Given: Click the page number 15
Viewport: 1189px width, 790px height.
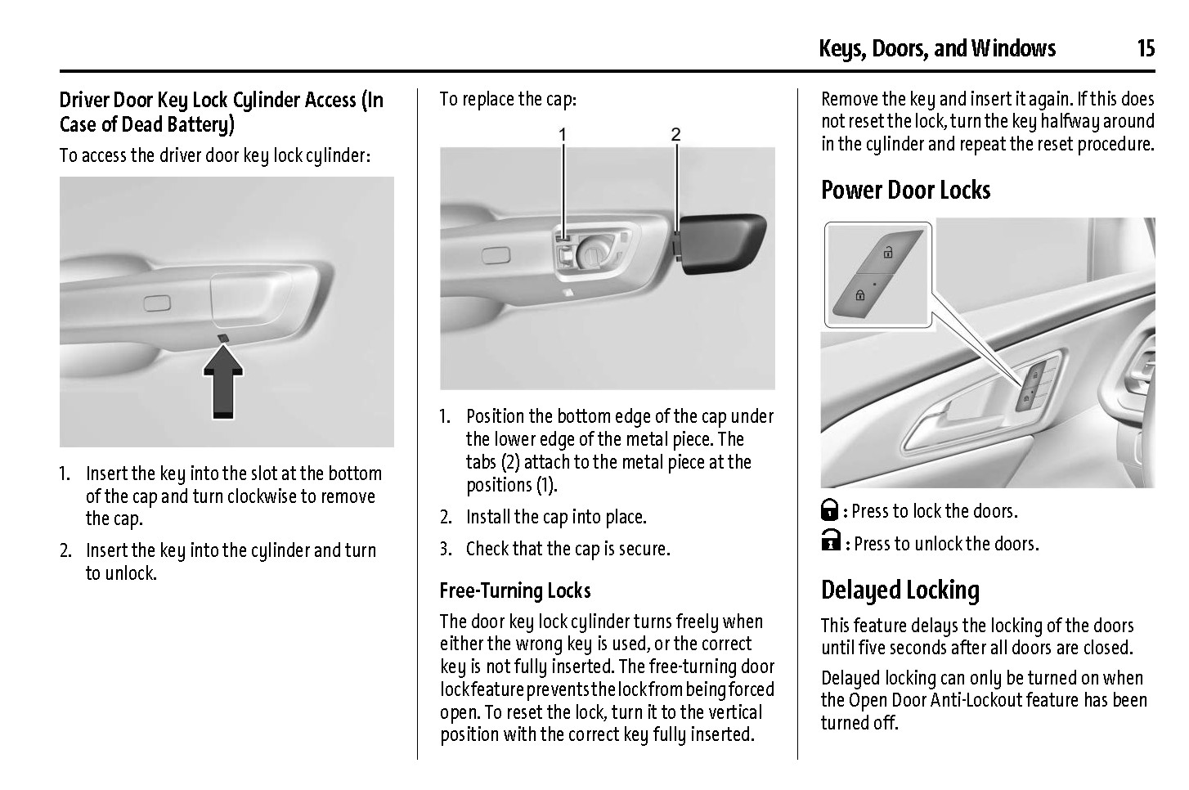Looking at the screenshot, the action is pyautogui.click(x=1146, y=48).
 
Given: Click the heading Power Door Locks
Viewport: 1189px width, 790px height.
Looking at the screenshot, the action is pyautogui.click(x=905, y=190).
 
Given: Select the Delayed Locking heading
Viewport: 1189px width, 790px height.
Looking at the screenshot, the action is pyautogui.click(x=900, y=590).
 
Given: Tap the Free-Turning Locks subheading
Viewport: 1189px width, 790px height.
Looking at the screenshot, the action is pyautogui.click(x=515, y=590).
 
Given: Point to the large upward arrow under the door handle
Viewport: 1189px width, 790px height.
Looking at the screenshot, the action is pyautogui.click(x=223, y=381).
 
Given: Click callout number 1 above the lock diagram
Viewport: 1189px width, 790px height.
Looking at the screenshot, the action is pyautogui.click(x=563, y=135).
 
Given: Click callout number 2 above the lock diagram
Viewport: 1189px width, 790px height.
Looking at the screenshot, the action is pyautogui.click(x=675, y=135).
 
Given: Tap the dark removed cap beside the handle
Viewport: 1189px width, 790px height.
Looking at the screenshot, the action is pyautogui.click(x=722, y=244).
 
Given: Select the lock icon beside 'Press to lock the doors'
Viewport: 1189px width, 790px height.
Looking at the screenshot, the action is pyautogui.click(x=830, y=510).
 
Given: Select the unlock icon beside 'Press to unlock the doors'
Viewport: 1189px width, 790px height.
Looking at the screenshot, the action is pyautogui.click(x=831, y=541).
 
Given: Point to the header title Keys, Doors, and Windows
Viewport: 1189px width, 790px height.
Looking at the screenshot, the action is pyautogui.click(x=937, y=48).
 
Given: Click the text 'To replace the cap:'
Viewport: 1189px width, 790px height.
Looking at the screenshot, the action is pyautogui.click(x=508, y=99).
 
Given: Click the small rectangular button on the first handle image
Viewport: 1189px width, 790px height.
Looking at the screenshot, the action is pyautogui.click(x=157, y=303).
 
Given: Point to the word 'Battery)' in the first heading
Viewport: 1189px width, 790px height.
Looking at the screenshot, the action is pyautogui.click(x=200, y=125).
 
